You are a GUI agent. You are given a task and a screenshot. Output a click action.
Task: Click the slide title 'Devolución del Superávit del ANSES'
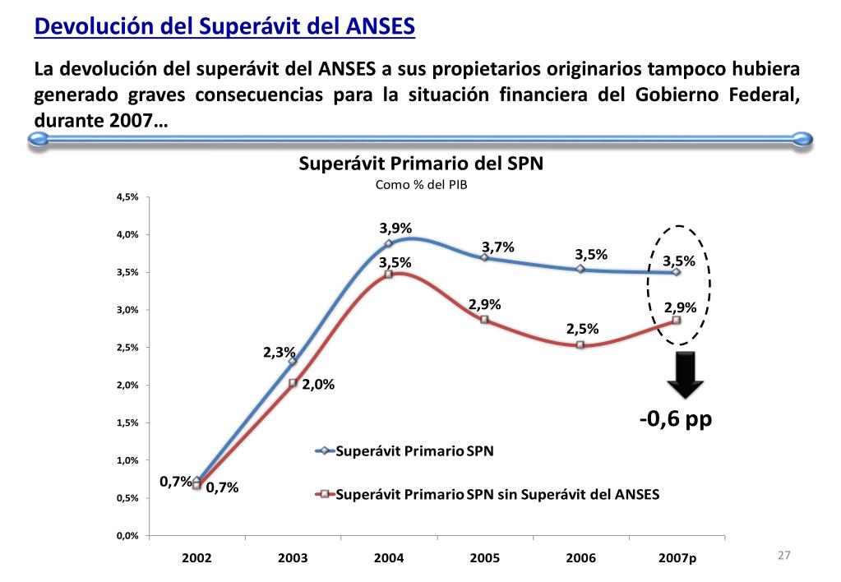coord(224,26)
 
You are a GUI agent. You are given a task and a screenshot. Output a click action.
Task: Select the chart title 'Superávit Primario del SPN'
coord(420,164)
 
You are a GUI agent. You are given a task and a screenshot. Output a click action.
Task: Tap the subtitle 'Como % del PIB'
coord(420,184)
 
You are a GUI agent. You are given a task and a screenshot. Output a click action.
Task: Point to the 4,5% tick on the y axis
coord(127,197)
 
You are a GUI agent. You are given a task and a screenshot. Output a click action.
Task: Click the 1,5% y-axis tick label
coord(127,423)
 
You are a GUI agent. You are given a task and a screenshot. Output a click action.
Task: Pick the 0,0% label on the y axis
coord(127,535)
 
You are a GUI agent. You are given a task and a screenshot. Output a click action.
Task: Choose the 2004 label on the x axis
coord(389,557)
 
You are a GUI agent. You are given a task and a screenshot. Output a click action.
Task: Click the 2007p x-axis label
coord(677,557)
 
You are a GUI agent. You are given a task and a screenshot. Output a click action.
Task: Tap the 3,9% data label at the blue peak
coord(395,228)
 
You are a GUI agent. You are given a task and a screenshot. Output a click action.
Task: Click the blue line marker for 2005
coord(484,257)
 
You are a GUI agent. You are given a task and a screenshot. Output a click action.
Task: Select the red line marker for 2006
coord(580,345)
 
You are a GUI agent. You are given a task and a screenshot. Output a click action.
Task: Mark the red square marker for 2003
coord(293,382)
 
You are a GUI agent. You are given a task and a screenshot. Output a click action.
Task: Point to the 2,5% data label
coord(582,329)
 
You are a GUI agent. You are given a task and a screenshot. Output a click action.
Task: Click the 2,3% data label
coord(279,352)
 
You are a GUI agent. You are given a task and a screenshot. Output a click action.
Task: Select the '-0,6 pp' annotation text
coord(676,419)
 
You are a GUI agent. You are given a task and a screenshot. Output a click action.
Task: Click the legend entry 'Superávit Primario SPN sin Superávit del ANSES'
coord(498,495)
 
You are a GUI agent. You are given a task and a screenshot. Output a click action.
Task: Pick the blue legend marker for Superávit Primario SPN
coord(326,450)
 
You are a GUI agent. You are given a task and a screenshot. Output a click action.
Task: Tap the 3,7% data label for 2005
coord(497,247)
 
